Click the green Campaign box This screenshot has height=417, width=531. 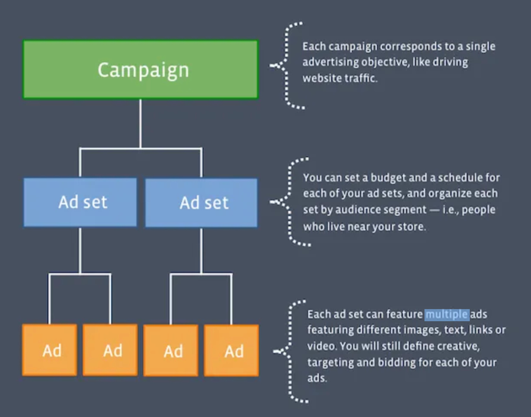tap(141, 69)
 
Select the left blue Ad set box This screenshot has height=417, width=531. tap(80, 202)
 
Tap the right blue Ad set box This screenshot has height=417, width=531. tap(201, 202)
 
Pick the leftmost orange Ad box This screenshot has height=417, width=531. tap(50, 350)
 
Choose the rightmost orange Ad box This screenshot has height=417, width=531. tap(232, 351)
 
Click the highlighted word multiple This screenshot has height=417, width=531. tap(447, 314)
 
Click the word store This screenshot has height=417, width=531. tap(412, 226)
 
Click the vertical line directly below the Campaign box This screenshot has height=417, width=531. tap(141, 123)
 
